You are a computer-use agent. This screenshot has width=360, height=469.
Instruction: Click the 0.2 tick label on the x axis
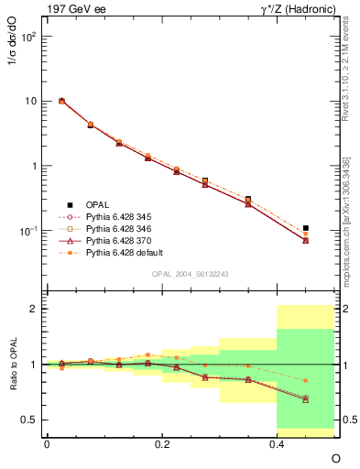[162, 443]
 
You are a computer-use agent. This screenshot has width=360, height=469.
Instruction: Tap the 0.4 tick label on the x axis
[277, 443]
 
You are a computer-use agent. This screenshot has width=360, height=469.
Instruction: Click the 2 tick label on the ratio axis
[35, 309]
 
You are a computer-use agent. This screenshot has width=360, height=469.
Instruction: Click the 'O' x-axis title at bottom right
[335, 458]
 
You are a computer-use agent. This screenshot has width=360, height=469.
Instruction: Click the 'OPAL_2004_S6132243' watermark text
[191, 275]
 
